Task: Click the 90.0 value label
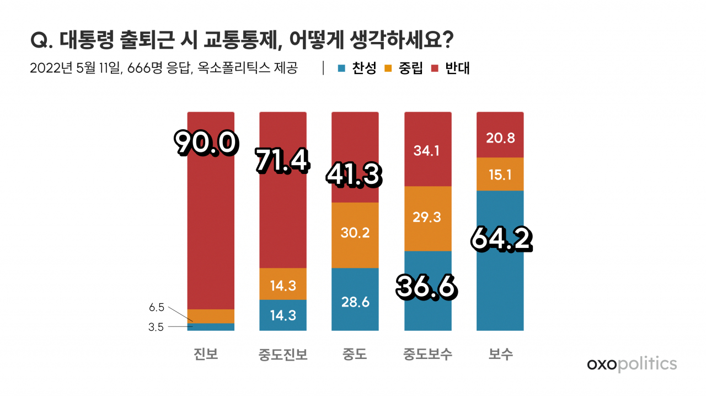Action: [206, 143]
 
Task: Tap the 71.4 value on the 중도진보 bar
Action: [283, 161]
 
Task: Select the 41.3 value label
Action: [354, 175]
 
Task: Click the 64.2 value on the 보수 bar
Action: [501, 239]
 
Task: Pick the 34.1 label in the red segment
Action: [426, 151]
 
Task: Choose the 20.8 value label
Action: [500, 138]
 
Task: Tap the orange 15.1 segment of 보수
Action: [500, 174]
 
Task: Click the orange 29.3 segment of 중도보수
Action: [428, 219]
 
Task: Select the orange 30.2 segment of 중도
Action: [355, 235]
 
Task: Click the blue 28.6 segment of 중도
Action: [355, 299]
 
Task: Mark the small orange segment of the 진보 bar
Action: [211, 316]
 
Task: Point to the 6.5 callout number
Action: [157, 307]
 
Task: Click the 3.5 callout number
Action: [156, 327]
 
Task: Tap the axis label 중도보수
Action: [427, 354]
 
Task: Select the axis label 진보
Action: [206, 354]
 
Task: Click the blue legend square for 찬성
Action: [341, 68]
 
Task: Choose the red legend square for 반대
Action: [435, 68]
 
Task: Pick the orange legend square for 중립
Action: [388, 68]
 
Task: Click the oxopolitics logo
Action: [632, 364]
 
